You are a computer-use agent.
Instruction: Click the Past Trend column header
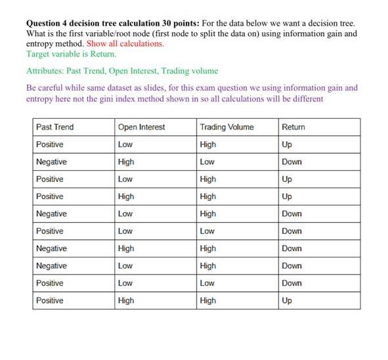(54, 127)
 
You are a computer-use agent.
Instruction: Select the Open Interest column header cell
(141, 127)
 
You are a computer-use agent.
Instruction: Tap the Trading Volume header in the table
(227, 127)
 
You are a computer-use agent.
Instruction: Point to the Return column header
(293, 127)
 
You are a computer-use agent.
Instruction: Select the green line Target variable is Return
(72, 53)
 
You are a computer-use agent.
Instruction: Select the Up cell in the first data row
(286, 145)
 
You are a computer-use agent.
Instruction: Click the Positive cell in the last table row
(50, 300)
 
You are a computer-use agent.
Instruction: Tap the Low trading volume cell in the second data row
(207, 162)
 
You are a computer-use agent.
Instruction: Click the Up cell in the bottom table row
(286, 300)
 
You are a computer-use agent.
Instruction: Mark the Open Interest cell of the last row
(125, 300)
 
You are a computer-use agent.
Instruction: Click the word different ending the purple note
(305, 99)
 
